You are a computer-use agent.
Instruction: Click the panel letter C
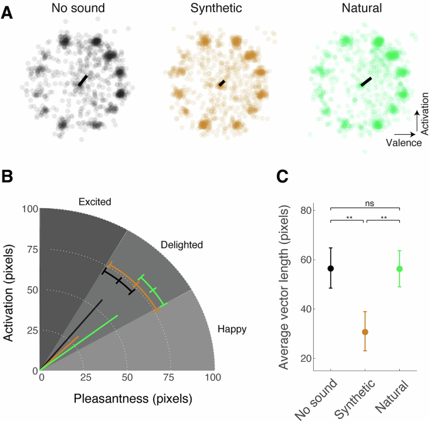pyautogui.click(x=283, y=177)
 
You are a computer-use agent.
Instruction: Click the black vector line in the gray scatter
pyautogui.click(x=82, y=80)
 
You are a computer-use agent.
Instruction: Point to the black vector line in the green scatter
pyautogui.click(x=366, y=82)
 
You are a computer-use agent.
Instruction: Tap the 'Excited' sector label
pyautogui.click(x=95, y=202)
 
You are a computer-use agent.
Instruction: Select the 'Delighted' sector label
pyautogui.click(x=181, y=245)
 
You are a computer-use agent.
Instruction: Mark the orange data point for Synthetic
pyautogui.click(x=365, y=332)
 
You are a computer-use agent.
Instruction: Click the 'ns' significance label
pyautogui.click(x=365, y=202)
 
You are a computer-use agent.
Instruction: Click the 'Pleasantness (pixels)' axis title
pyautogui.click(x=132, y=398)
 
